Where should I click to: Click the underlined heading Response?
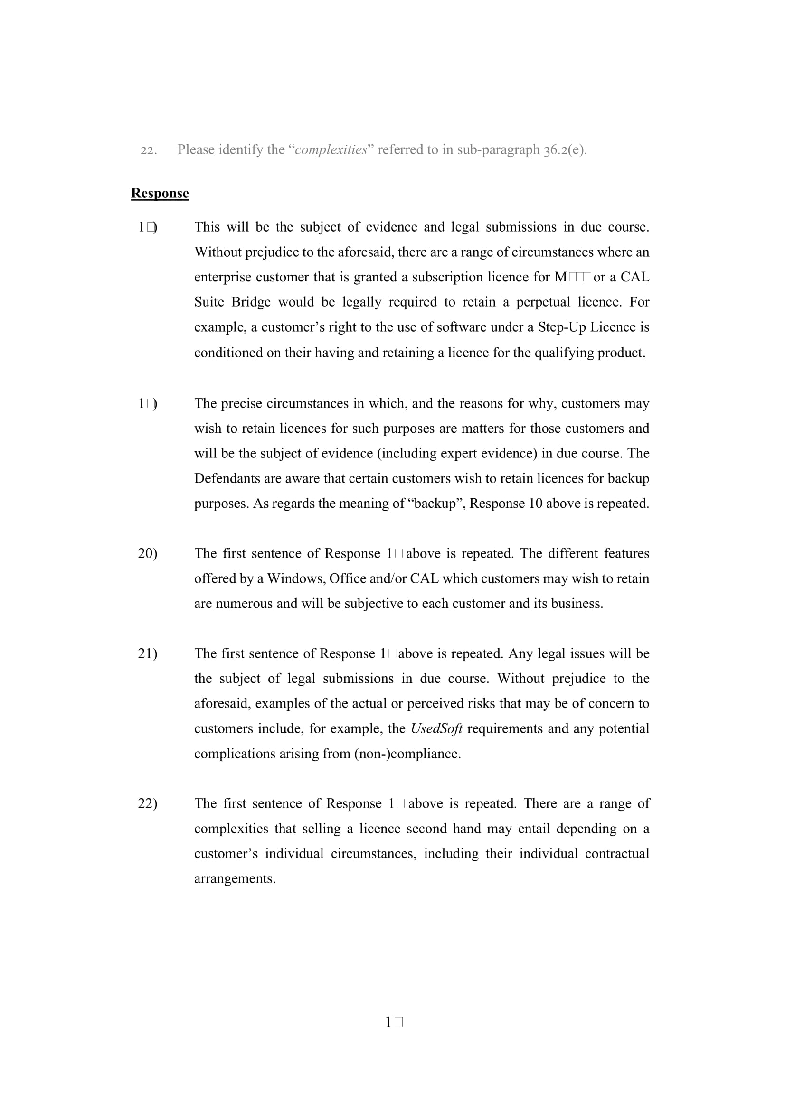[160, 193]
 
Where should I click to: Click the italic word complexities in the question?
[331, 150]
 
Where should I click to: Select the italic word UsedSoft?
[436, 728]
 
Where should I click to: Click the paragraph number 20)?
[148, 553]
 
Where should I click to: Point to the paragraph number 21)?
[148, 653]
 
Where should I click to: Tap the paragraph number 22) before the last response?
[148, 803]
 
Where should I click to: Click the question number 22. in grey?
[149, 150]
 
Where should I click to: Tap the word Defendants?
[226, 479]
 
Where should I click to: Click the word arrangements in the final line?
[235, 878]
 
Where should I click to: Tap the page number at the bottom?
[393, 1022]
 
